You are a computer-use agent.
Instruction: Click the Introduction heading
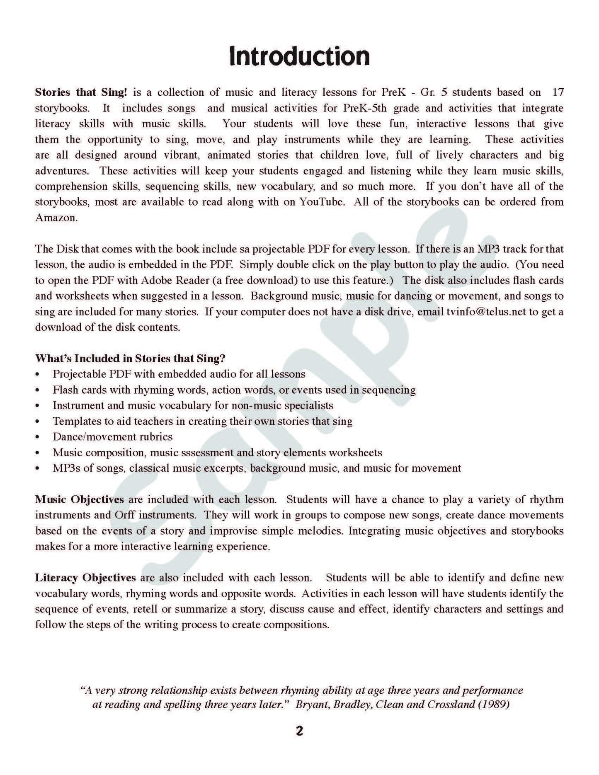point(299,57)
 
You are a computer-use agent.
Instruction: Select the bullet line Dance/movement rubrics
point(112,437)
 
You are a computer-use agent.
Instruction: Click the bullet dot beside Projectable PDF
point(38,374)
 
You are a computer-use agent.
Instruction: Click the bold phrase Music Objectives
point(79,499)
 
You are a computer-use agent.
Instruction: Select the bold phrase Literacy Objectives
point(85,578)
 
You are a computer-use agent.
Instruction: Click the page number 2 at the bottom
point(299,731)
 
